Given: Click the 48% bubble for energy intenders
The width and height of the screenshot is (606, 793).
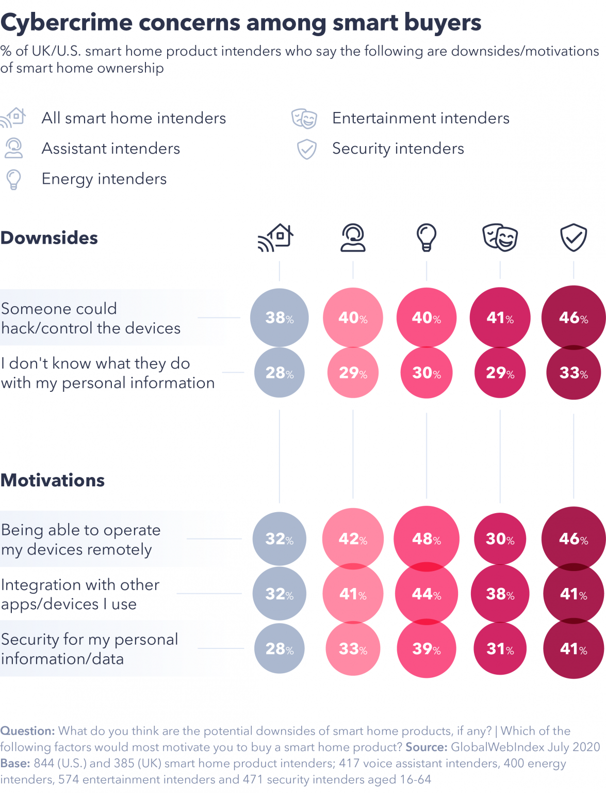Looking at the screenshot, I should coord(427,538).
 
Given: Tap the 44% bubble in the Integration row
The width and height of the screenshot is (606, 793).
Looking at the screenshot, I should coord(427,594).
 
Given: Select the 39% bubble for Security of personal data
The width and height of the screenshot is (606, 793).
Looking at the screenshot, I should coord(427,648).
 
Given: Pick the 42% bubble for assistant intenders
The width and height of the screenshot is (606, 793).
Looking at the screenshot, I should coord(353,538).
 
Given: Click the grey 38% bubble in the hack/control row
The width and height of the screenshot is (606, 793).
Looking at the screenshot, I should coord(280,318).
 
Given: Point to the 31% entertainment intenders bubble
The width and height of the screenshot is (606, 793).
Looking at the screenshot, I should coord(500,648).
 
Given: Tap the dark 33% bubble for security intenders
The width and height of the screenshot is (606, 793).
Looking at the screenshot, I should coord(574,373).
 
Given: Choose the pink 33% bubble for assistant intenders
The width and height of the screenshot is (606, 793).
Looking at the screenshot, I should coord(353,648).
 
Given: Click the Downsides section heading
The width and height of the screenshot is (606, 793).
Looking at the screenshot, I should coord(50,238).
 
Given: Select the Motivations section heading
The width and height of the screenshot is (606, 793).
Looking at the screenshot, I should coord(53,481).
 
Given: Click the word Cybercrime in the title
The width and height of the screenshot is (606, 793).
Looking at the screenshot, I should coord(67,23).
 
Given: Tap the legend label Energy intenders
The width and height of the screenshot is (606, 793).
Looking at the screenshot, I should coord(104,179).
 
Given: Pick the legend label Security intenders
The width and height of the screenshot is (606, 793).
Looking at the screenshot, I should coord(398,149).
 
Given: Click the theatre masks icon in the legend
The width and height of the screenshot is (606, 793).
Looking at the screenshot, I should coord(304,118).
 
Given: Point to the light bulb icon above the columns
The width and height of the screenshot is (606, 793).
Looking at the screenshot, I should coord(427,237).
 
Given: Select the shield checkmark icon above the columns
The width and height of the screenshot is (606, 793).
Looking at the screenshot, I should coord(574,237).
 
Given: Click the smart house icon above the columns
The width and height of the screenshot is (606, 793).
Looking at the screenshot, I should coord(276,237).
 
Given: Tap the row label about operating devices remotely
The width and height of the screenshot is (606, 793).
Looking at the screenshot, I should coord(81,540).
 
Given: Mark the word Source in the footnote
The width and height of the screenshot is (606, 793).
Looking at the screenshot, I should coord(426,747).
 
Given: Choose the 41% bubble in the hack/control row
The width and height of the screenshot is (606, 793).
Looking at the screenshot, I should coord(500,318).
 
